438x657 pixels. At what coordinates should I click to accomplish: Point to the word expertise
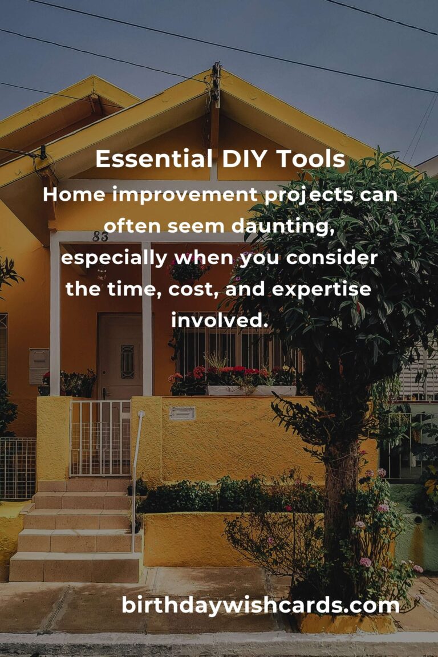[x=322, y=289]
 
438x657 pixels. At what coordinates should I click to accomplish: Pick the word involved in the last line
[x=220, y=321]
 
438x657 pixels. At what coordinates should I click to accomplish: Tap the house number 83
[x=100, y=236]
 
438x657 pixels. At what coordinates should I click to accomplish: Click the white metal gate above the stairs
[x=100, y=438]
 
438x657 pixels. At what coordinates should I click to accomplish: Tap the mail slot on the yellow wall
[x=182, y=413]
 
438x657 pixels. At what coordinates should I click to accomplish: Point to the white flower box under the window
[x=251, y=391]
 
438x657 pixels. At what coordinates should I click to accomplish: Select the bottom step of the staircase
[x=75, y=567]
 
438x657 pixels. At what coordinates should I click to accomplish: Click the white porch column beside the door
[x=147, y=319]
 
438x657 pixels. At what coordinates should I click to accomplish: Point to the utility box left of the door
[x=39, y=366]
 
